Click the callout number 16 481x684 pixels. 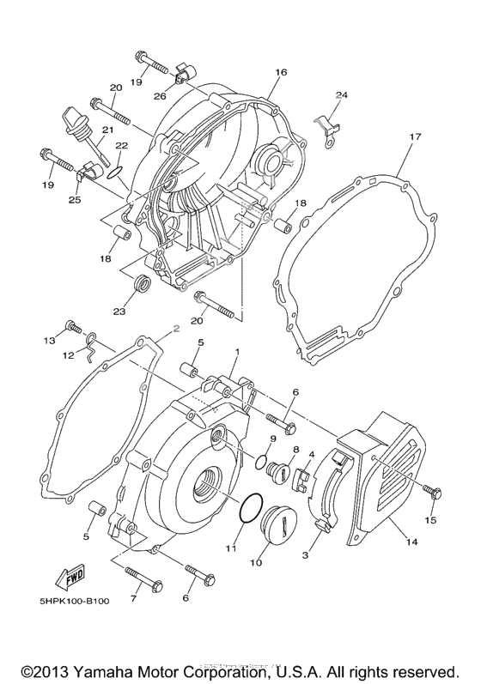pos(279,74)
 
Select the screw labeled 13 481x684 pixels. pos(72,327)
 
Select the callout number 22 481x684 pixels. pos(121,146)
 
